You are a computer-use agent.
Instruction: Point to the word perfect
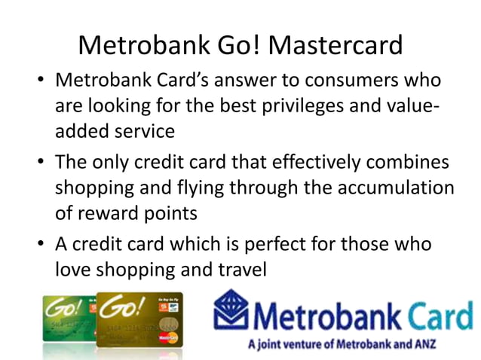pos(287,245)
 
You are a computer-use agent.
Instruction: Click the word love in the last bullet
pos(72,269)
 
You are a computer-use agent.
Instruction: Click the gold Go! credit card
pos(140,321)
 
